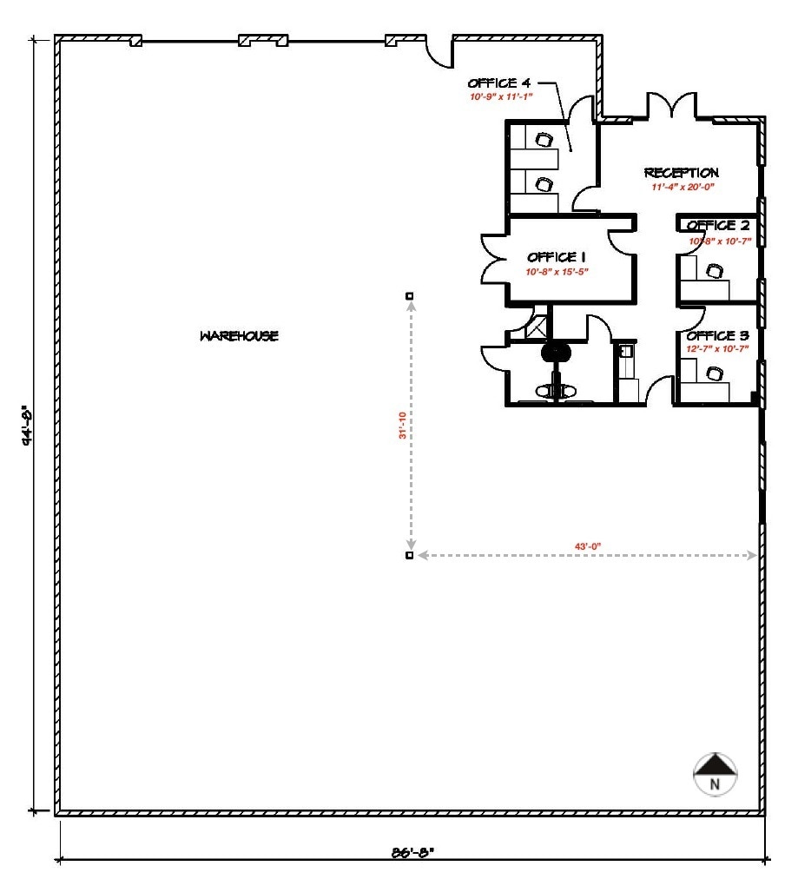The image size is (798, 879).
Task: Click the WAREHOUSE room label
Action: coord(239,336)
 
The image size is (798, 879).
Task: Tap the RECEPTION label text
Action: coord(681,173)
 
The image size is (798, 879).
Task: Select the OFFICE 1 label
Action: coord(551,257)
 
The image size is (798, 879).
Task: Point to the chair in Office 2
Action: coord(715,271)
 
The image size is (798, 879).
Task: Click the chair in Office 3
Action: coord(715,373)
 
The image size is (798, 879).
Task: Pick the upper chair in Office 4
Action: coord(544,139)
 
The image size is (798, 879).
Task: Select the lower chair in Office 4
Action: coord(544,184)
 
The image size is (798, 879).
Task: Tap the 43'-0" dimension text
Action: coord(589,545)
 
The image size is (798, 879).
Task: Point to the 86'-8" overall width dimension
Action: coord(412,852)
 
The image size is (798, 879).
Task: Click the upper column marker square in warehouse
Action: coord(410,296)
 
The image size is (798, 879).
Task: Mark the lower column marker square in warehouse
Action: coord(410,555)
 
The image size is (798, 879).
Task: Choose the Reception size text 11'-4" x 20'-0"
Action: coord(682,187)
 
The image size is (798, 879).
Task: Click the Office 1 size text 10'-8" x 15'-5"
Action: coord(557,272)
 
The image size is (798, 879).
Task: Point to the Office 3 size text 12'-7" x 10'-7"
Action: coord(717,349)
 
